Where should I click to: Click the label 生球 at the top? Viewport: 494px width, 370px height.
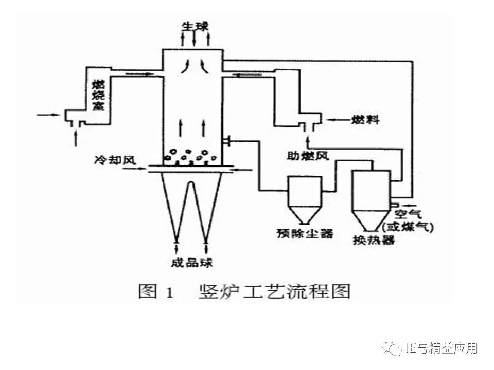coord(193,25)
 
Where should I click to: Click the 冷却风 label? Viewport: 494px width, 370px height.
coord(115,160)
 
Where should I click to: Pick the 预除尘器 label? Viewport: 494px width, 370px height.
coord(304,233)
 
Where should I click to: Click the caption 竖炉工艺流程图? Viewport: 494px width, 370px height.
coord(274,291)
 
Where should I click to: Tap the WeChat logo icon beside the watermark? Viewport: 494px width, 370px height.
coord(394,349)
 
